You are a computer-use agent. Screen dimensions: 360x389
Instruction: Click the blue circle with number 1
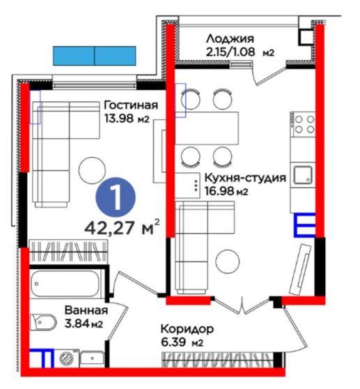click(x=116, y=198)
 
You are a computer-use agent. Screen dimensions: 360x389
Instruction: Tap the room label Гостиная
click(x=131, y=105)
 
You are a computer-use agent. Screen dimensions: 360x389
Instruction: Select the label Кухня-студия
click(x=245, y=178)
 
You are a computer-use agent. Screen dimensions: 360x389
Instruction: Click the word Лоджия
click(x=230, y=40)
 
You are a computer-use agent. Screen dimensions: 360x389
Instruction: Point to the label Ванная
click(x=86, y=311)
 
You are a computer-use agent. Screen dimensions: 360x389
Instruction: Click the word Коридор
click(x=187, y=329)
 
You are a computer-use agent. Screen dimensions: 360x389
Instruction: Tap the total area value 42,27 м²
click(x=122, y=227)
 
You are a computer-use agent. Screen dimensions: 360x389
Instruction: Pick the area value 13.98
click(x=120, y=119)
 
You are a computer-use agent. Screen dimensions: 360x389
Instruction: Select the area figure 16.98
click(x=219, y=191)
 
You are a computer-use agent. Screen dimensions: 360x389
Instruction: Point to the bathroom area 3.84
click(x=77, y=323)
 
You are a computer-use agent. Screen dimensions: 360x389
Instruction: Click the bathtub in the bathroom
click(x=65, y=284)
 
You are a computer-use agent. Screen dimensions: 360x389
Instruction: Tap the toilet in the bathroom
click(x=42, y=323)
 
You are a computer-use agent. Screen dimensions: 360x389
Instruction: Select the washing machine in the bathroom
click(x=67, y=359)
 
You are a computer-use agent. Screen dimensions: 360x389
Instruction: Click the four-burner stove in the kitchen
click(x=304, y=125)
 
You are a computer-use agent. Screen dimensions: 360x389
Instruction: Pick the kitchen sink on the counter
click(x=303, y=175)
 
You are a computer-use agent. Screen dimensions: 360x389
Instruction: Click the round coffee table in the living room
click(x=92, y=170)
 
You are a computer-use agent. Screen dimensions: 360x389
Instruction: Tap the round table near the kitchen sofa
click(x=228, y=261)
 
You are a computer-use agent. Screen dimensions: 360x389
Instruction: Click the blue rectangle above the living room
click(x=95, y=56)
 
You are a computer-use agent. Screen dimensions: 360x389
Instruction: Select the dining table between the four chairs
click(x=207, y=128)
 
